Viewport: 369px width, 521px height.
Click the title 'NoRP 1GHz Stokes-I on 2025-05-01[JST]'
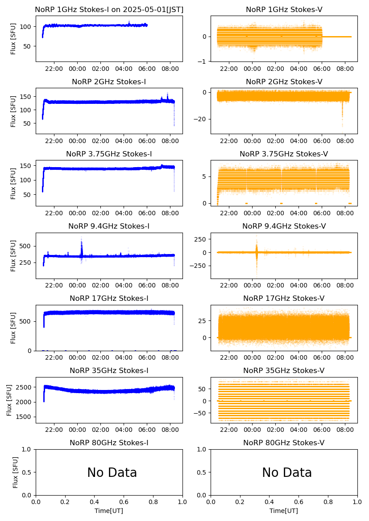coord(109,9)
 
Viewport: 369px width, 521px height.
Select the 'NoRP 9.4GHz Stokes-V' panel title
coord(284,226)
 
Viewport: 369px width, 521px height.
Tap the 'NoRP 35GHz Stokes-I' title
coord(109,370)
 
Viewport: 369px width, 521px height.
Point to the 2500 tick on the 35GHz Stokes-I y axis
coord(25,387)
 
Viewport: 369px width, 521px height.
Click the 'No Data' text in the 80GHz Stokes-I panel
coord(112,472)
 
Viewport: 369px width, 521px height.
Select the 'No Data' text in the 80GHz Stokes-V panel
coord(287,472)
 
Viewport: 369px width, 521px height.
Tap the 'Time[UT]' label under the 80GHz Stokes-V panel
coord(284,510)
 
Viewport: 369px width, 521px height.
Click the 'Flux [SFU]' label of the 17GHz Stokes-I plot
coord(13,328)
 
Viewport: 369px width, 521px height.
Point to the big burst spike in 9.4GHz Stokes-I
coord(81,243)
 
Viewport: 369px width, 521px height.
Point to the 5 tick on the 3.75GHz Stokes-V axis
coord(206,176)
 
